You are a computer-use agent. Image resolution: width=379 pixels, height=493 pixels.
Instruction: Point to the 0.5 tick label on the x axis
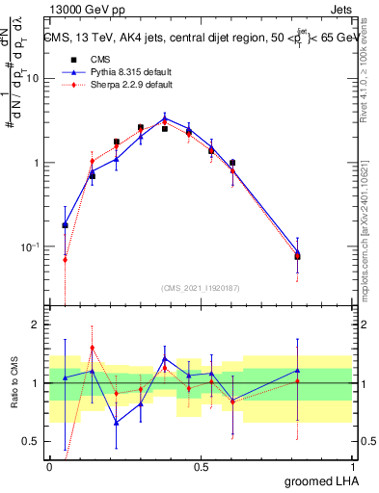pyautogui.click(x=201, y=464)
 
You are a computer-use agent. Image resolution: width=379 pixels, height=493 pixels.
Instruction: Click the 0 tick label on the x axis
pyautogui.click(x=49, y=464)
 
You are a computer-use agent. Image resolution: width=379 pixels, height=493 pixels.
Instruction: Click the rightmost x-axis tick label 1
pyautogui.click(x=352, y=464)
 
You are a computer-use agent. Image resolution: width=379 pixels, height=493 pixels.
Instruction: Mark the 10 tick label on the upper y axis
pyautogui.click(x=33, y=79)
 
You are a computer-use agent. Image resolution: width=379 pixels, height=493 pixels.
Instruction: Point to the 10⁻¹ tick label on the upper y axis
pyautogui.click(x=31, y=247)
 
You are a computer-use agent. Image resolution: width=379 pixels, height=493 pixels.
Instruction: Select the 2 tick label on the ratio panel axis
pyautogui.click(x=38, y=324)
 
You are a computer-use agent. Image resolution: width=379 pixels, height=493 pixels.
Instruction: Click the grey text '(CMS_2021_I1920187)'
pyautogui.click(x=201, y=288)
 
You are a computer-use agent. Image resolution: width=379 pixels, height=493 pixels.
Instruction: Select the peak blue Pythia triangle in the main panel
pyautogui.click(x=165, y=119)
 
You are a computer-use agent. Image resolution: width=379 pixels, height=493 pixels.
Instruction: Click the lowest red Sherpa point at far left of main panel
pyautogui.click(x=66, y=259)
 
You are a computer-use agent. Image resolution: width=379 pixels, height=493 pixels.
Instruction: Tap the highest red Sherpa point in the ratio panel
pyautogui.click(x=92, y=348)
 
